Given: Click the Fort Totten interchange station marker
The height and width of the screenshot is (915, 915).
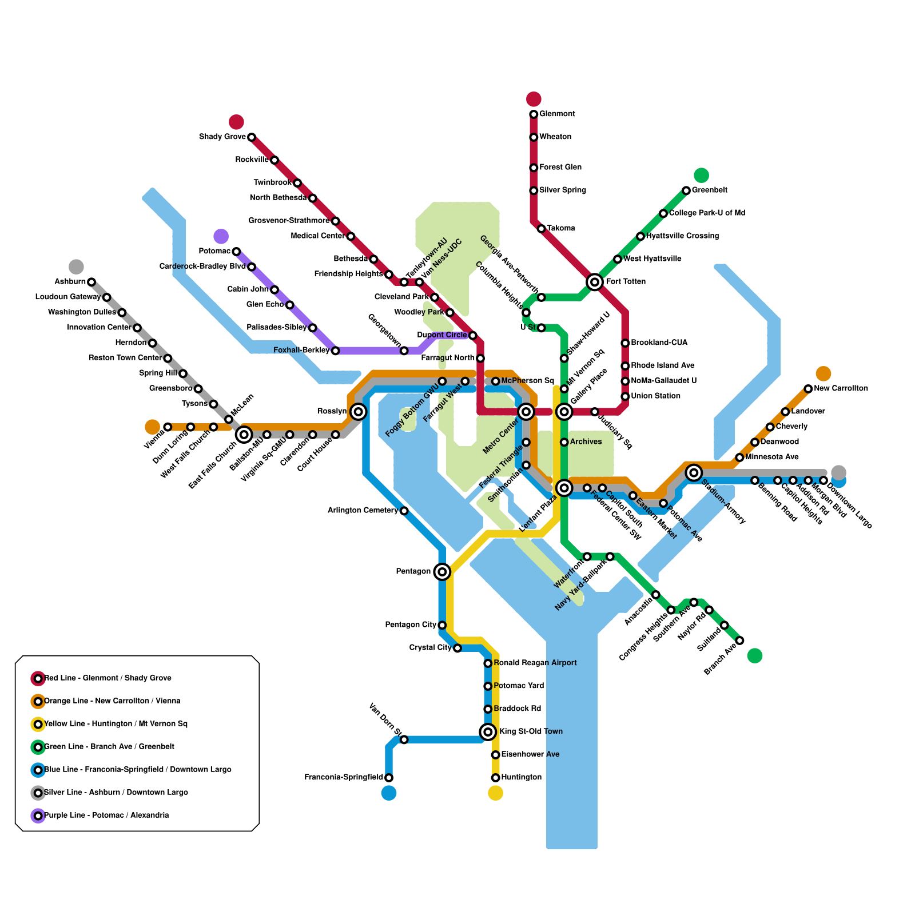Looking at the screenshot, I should [x=595, y=281].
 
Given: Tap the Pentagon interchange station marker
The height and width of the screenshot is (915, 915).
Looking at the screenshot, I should [x=442, y=571].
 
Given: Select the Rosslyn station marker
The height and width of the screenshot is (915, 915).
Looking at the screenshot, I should [x=359, y=411].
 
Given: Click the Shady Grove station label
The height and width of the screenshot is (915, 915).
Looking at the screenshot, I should [x=222, y=137].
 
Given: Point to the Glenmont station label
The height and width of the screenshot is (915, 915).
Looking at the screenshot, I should [x=557, y=114].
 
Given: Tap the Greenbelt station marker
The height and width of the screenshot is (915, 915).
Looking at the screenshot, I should [x=686, y=190].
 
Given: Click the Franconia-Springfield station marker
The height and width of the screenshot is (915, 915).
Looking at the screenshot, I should [x=389, y=778].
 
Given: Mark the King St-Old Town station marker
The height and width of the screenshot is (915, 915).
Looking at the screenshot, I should [x=488, y=731].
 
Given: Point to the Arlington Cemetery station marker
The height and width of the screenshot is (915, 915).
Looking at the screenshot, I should [x=404, y=511].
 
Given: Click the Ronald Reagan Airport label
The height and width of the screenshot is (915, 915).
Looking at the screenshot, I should [x=535, y=663].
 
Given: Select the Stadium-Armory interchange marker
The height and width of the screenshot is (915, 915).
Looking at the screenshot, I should [x=694, y=472].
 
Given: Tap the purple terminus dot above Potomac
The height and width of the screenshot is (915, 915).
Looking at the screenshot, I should [x=221, y=236].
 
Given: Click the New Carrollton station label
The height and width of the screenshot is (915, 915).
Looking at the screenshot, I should [x=841, y=388].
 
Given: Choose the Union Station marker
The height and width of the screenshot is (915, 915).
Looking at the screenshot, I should [x=625, y=396].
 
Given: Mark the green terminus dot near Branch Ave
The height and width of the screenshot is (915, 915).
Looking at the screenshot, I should [x=755, y=655].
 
